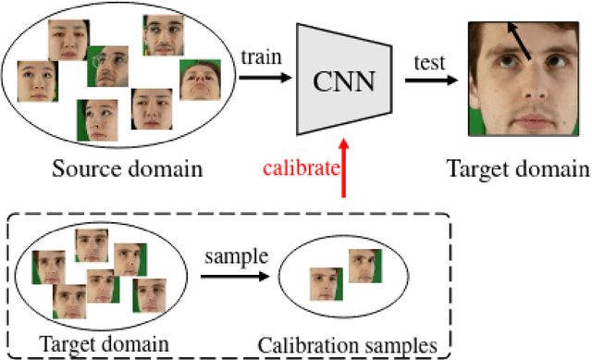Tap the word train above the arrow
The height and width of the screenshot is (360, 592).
point(260,57)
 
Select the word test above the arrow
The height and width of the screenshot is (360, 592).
point(431,64)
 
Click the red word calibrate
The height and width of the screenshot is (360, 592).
point(299,168)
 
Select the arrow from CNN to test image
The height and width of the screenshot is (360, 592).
point(431,81)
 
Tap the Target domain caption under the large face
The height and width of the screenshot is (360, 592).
point(518,168)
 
